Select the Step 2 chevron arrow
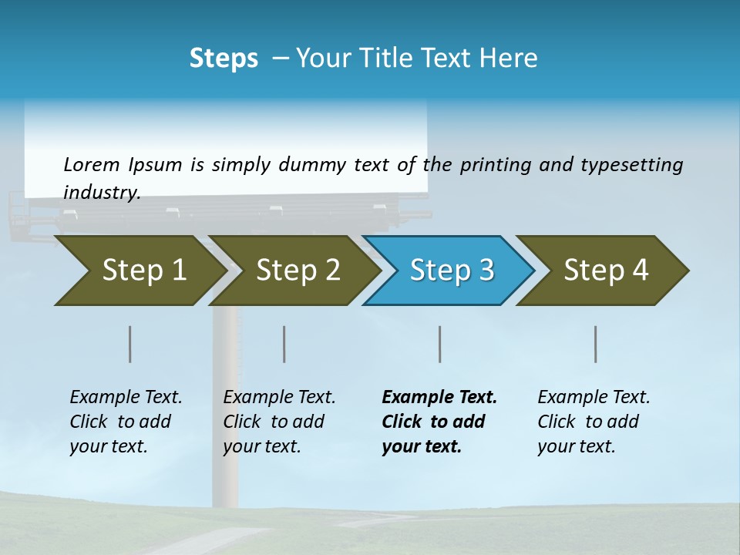point(297,271)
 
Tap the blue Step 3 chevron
point(451,271)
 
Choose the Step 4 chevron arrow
point(605,271)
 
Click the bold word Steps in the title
point(224,59)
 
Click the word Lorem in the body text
point(92,164)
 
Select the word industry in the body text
point(101,193)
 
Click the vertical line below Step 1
point(130,344)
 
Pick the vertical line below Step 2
point(284,344)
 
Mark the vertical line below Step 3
point(440,344)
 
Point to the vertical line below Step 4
point(596,344)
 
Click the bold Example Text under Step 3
point(439,398)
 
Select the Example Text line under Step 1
point(126,398)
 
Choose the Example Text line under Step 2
point(279,398)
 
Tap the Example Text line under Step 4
point(594,398)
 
